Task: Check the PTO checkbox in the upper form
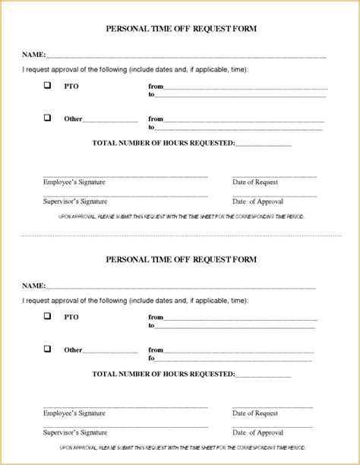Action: click(48, 86)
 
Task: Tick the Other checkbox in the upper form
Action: click(48, 118)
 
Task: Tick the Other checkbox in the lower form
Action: click(48, 349)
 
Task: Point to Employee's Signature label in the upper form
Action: click(74, 182)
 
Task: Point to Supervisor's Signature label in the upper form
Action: click(75, 201)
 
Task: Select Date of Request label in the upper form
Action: click(255, 182)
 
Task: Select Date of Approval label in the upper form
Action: click(257, 201)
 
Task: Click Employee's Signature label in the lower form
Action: click(74, 413)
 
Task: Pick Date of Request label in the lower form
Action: click(255, 413)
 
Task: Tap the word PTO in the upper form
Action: click(71, 87)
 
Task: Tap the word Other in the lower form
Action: click(73, 350)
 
